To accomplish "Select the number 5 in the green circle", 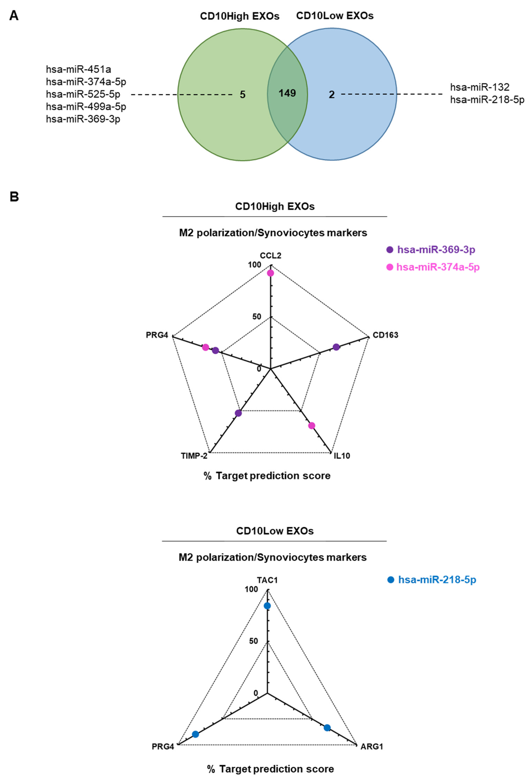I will pyautogui.click(x=243, y=95).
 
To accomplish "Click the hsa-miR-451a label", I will pyautogui.click(x=79, y=69).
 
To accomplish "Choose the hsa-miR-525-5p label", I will pyautogui.click(x=83, y=94).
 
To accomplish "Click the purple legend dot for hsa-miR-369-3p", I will pyautogui.click(x=390, y=250).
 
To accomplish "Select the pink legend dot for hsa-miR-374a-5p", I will pyautogui.click(x=390, y=267).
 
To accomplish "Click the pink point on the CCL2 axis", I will pyautogui.click(x=270, y=273).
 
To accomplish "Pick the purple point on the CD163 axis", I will pyautogui.click(x=336, y=347).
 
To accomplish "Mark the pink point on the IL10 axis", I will pyautogui.click(x=312, y=425).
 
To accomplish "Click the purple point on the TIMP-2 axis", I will pyautogui.click(x=239, y=413).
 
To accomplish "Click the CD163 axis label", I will pyautogui.click(x=385, y=335).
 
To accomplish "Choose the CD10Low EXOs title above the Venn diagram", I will pyautogui.click(x=335, y=16).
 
